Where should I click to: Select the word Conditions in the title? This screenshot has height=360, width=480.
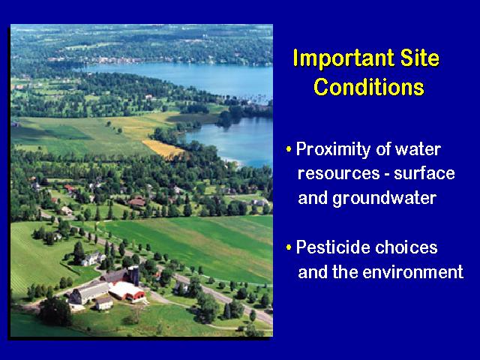(369, 87)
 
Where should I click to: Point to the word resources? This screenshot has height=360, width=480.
(338, 174)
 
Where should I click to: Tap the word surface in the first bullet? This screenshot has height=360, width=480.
(424, 172)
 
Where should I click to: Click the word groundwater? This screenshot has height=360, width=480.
(385, 198)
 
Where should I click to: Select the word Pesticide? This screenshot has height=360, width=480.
(333, 247)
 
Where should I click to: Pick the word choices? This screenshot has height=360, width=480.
(406, 247)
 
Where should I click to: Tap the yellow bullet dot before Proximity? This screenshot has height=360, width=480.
(289, 150)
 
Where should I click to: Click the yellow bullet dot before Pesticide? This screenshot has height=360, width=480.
(289, 247)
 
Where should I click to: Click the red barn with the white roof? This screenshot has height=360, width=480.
(127, 291)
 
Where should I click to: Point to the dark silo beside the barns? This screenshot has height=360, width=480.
(133, 275)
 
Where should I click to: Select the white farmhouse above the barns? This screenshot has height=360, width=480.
(93, 259)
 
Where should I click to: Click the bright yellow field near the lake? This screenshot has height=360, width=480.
(163, 149)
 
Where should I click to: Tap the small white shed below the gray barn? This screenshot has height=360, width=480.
(104, 302)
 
